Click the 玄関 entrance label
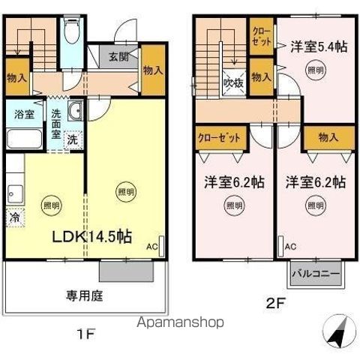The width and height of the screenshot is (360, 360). pyautogui.click(x=118, y=56)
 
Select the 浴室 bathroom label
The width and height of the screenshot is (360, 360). pyautogui.click(x=24, y=115)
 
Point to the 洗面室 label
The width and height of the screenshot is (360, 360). pyautogui.click(x=57, y=124)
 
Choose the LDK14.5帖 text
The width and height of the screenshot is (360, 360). pyautogui.click(x=91, y=236)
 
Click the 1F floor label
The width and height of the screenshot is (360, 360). pyautogui.click(x=87, y=334)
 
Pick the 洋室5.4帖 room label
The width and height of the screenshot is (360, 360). pyautogui.click(x=319, y=46)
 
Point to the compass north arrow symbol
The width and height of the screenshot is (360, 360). pyautogui.click(x=337, y=329)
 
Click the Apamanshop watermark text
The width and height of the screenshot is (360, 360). pyautogui.click(x=180, y=322)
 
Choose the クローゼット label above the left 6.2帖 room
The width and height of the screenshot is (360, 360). pyautogui.click(x=219, y=137)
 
